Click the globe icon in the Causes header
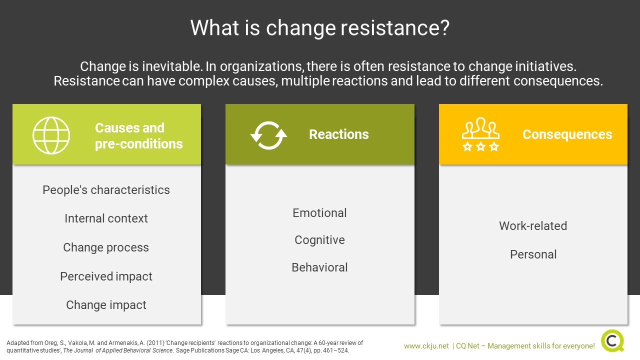pos(51,135)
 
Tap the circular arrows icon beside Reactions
pos(268,135)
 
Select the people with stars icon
pos(480,134)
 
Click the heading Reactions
pos(339,134)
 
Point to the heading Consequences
pos(567,134)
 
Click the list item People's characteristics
pos(106,190)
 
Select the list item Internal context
pos(106,218)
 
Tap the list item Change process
pos(106,247)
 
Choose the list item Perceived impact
pos(106,276)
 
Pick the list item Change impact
pos(106,305)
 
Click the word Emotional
pos(319,213)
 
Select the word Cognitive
pos(319,240)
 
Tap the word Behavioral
pos(319,267)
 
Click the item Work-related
pos(533,226)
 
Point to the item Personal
pos(533,254)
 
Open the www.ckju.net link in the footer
pos(426,346)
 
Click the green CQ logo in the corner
pos(612,341)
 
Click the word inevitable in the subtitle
pos(173,66)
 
